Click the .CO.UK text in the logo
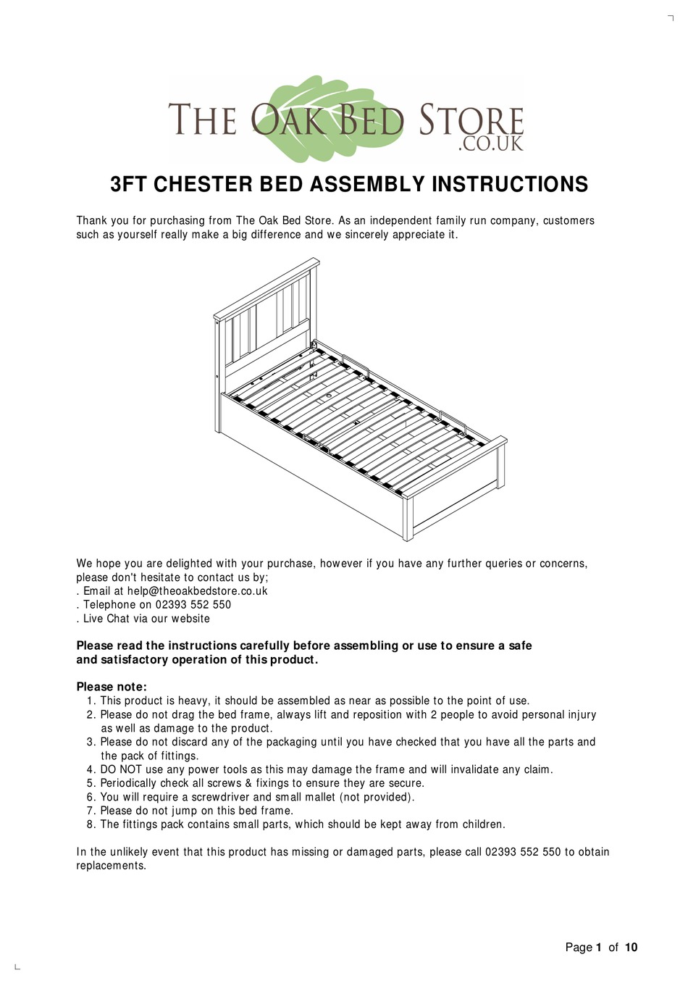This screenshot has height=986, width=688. [490, 144]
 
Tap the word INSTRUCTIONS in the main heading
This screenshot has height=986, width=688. [510, 185]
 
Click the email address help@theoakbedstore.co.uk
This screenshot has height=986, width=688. [197, 591]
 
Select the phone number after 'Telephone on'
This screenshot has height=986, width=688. [193, 605]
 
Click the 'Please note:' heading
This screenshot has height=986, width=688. [112, 687]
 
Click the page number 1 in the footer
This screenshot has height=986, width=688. [599, 948]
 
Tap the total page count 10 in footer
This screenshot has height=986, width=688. [631, 948]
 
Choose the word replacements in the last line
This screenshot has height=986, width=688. [111, 866]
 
